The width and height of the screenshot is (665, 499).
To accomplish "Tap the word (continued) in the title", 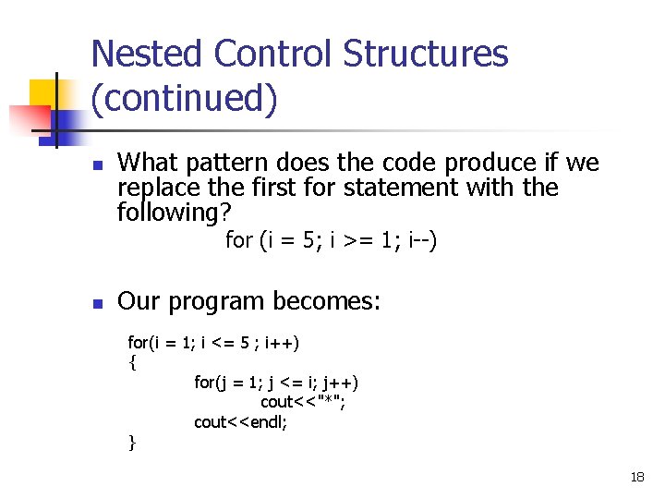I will coord(184,98).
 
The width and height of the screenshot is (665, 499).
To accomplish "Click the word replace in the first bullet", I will coord(153,188).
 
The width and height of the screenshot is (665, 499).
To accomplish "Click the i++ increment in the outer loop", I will coord(282,344).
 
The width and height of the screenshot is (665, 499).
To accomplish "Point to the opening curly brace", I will coord(132,362).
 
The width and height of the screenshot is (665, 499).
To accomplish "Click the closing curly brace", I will coord(132,442).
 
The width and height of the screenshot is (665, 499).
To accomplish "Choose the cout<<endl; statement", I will coord(240,421).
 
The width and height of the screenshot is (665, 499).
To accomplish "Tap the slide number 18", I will coord(636,477).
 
